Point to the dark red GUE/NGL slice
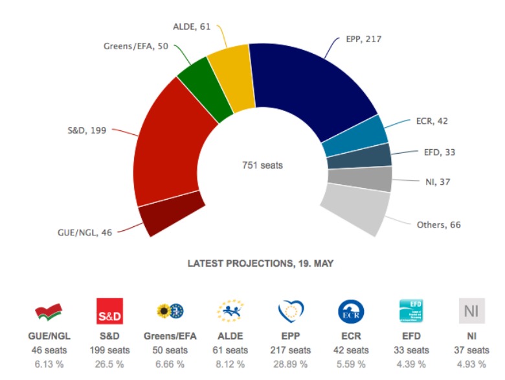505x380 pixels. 170,218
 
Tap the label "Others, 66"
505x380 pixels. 438,224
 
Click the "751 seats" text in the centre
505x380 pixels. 262,165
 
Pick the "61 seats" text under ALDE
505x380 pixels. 230,350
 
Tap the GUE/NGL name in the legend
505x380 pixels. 49,338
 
